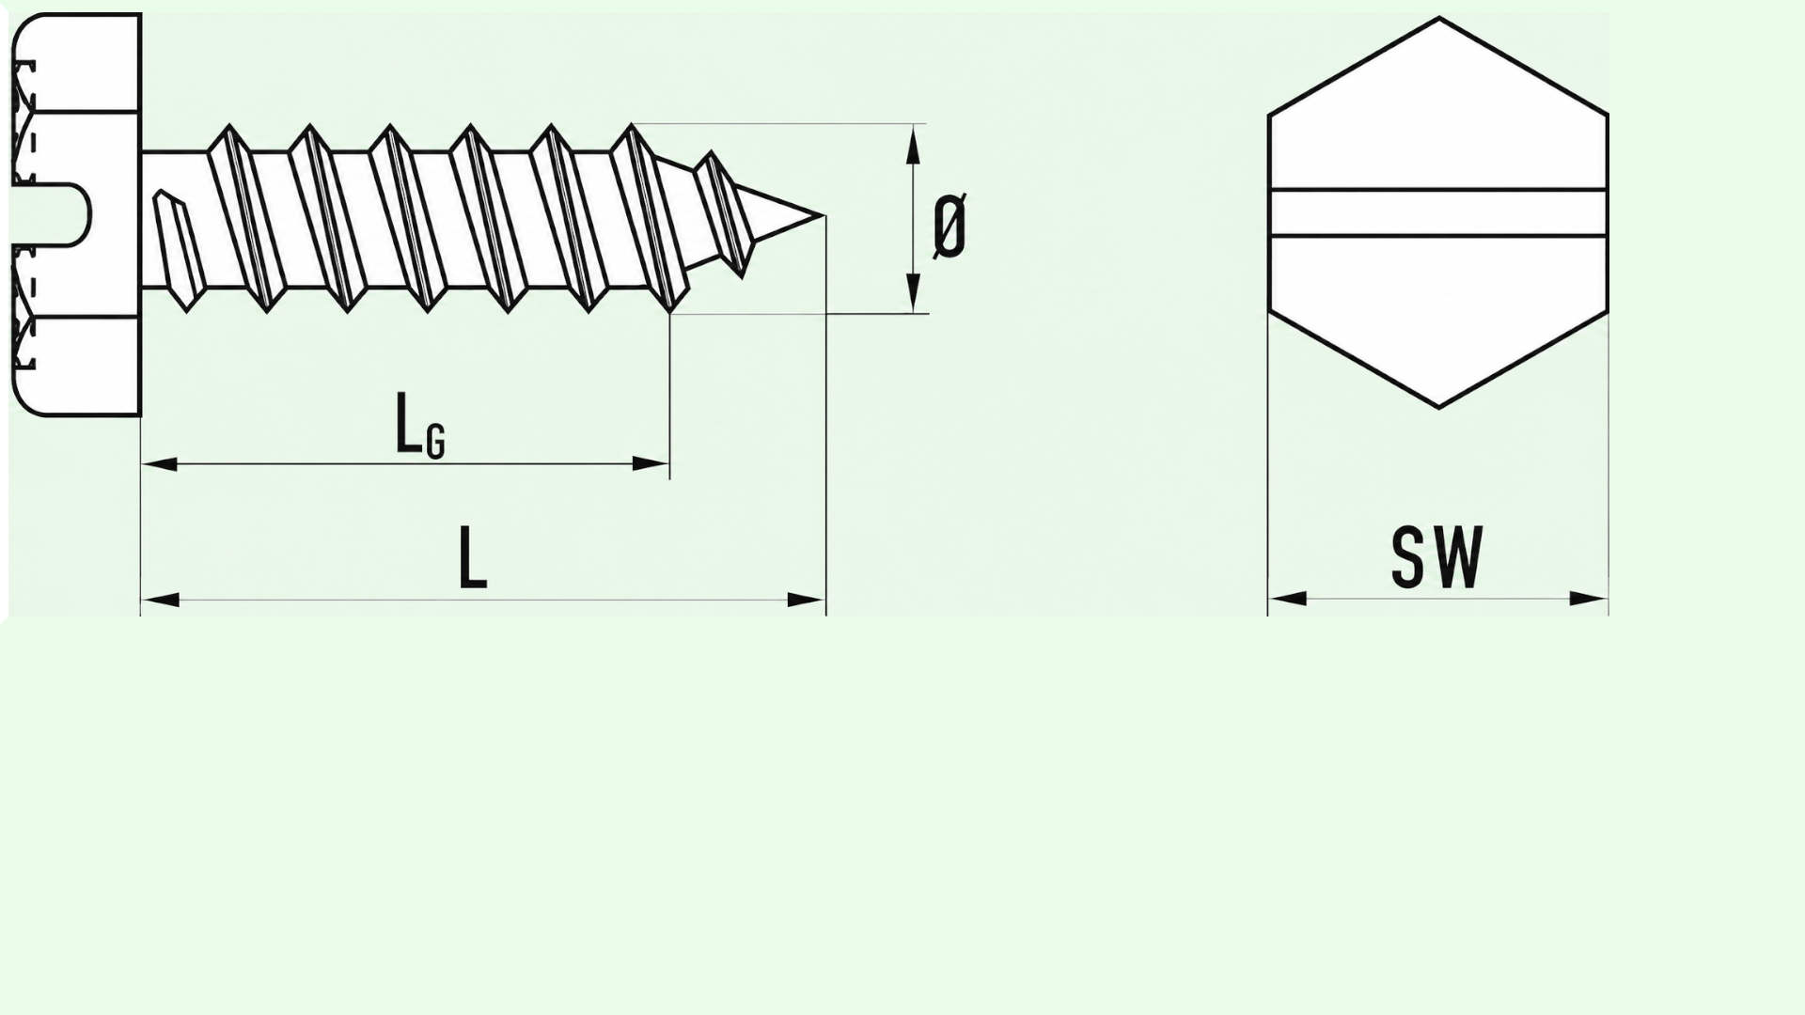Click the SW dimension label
[x=1437, y=557]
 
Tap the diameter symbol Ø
[x=950, y=226]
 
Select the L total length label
[x=473, y=557]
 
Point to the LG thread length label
[x=419, y=425]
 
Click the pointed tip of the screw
[x=824, y=216]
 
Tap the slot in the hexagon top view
[x=1438, y=213]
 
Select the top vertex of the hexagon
[x=1439, y=18]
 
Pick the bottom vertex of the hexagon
[x=1439, y=408]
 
